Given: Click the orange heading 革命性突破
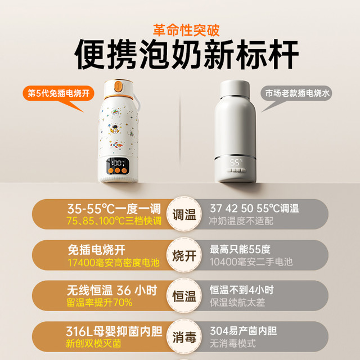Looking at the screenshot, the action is (x=186, y=30).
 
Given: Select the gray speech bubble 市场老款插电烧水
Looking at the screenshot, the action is (x=297, y=93).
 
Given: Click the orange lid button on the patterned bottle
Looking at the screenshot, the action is (x=118, y=87).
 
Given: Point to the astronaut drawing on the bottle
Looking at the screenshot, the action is (x=114, y=129).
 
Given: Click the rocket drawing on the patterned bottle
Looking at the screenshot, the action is (x=116, y=145).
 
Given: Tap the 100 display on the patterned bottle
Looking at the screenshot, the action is (x=118, y=164).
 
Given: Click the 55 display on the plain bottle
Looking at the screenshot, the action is (x=236, y=163).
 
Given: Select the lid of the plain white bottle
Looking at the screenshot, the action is (x=235, y=89).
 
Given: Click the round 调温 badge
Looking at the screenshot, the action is (x=184, y=214).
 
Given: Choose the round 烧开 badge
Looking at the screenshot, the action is (x=184, y=255).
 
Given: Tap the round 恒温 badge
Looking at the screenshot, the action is (x=184, y=295).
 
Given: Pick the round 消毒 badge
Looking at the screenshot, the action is (x=184, y=336).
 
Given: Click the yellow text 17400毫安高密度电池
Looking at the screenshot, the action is (x=114, y=263).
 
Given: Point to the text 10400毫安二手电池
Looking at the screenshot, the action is (x=251, y=262).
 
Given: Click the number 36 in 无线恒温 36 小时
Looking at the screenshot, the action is (x=124, y=290).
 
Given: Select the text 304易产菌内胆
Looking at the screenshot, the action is (x=244, y=331).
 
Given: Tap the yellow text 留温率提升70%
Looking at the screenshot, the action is (x=100, y=303).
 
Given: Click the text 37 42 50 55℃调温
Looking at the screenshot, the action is (x=254, y=209).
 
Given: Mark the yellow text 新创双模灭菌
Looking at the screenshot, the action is (x=93, y=344).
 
